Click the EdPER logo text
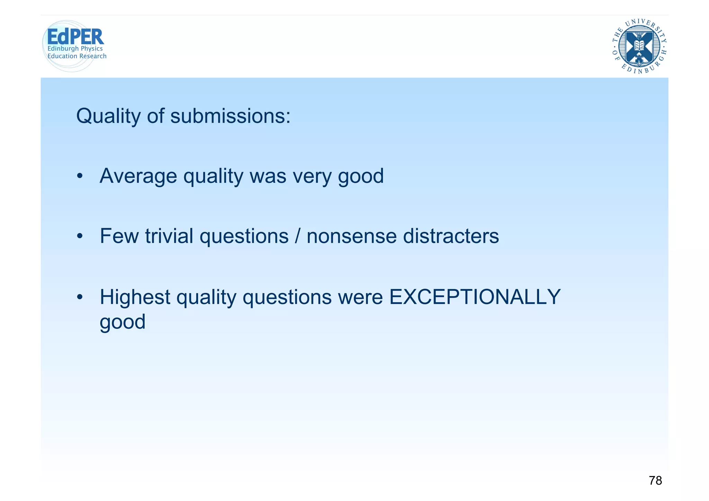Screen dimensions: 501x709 (x=75, y=37)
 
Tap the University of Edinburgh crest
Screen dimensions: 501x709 (x=639, y=47)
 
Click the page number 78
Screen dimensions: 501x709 (x=655, y=481)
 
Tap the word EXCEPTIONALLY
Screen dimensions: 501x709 (x=475, y=297)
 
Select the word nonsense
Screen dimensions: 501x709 (x=351, y=236)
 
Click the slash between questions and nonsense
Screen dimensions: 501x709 (x=298, y=236)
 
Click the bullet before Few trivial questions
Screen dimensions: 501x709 (x=80, y=236)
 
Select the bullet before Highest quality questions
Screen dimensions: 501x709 (x=80, y=297)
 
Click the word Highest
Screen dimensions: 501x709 (x=135, y=297)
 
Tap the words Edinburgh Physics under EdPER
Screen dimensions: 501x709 (x=75, y=49)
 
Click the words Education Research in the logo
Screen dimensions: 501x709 (x=77, y=56)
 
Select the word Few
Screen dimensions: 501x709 (x=119, y=236)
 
